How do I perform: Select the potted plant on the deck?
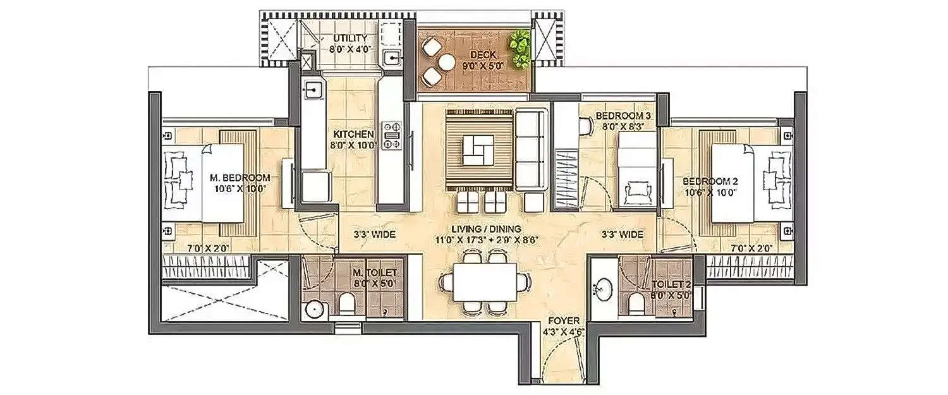[521, 49]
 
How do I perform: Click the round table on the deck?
[447, 63]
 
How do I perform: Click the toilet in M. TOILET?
[348, 305]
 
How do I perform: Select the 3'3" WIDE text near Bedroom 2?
[623, 234]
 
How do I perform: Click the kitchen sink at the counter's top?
[312, 90]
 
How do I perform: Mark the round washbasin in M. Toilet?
[313, 310]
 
